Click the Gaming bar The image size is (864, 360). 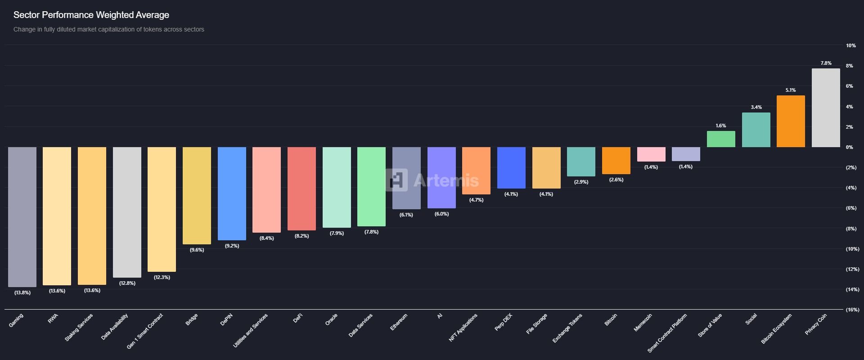pyautogui.click(x=22, y=217)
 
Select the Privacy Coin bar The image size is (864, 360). pyautogui.click(x=826, y=108)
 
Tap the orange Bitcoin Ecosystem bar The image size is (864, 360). pyautogui.click(x=791, y=121)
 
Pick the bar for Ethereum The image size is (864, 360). pyautogui.click(x=406, y=178)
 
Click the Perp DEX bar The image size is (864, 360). pyautogui.click(x=511, y=168)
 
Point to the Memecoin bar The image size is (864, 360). pyautogui.click(x=651, y=154)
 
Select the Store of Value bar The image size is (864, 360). pyautogui.click(x=721, y=139)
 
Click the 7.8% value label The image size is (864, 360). pyautogui.click(x=826, y=63)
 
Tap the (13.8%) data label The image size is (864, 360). pyautogui.click(x=22, y=292)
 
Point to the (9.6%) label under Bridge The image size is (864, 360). pyautogui.click(x=197, y=250)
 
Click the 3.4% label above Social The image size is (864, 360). pyautogui.click(x=756, y=107)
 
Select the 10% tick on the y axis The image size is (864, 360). pyautogui.click(x=850, y=45)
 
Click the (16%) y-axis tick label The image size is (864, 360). pyautogui.click(x=852, y=310)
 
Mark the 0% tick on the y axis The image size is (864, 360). pyautogui.click(x=849, y=147)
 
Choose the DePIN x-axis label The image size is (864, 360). pyautogui.click(x=227, y=319)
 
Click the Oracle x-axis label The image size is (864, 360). pyautogui.click(x=331, y=320)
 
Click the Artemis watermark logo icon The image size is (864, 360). pyautogui.click(x=396, y=180)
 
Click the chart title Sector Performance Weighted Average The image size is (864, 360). pyautogui.click(x=91, y=15)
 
